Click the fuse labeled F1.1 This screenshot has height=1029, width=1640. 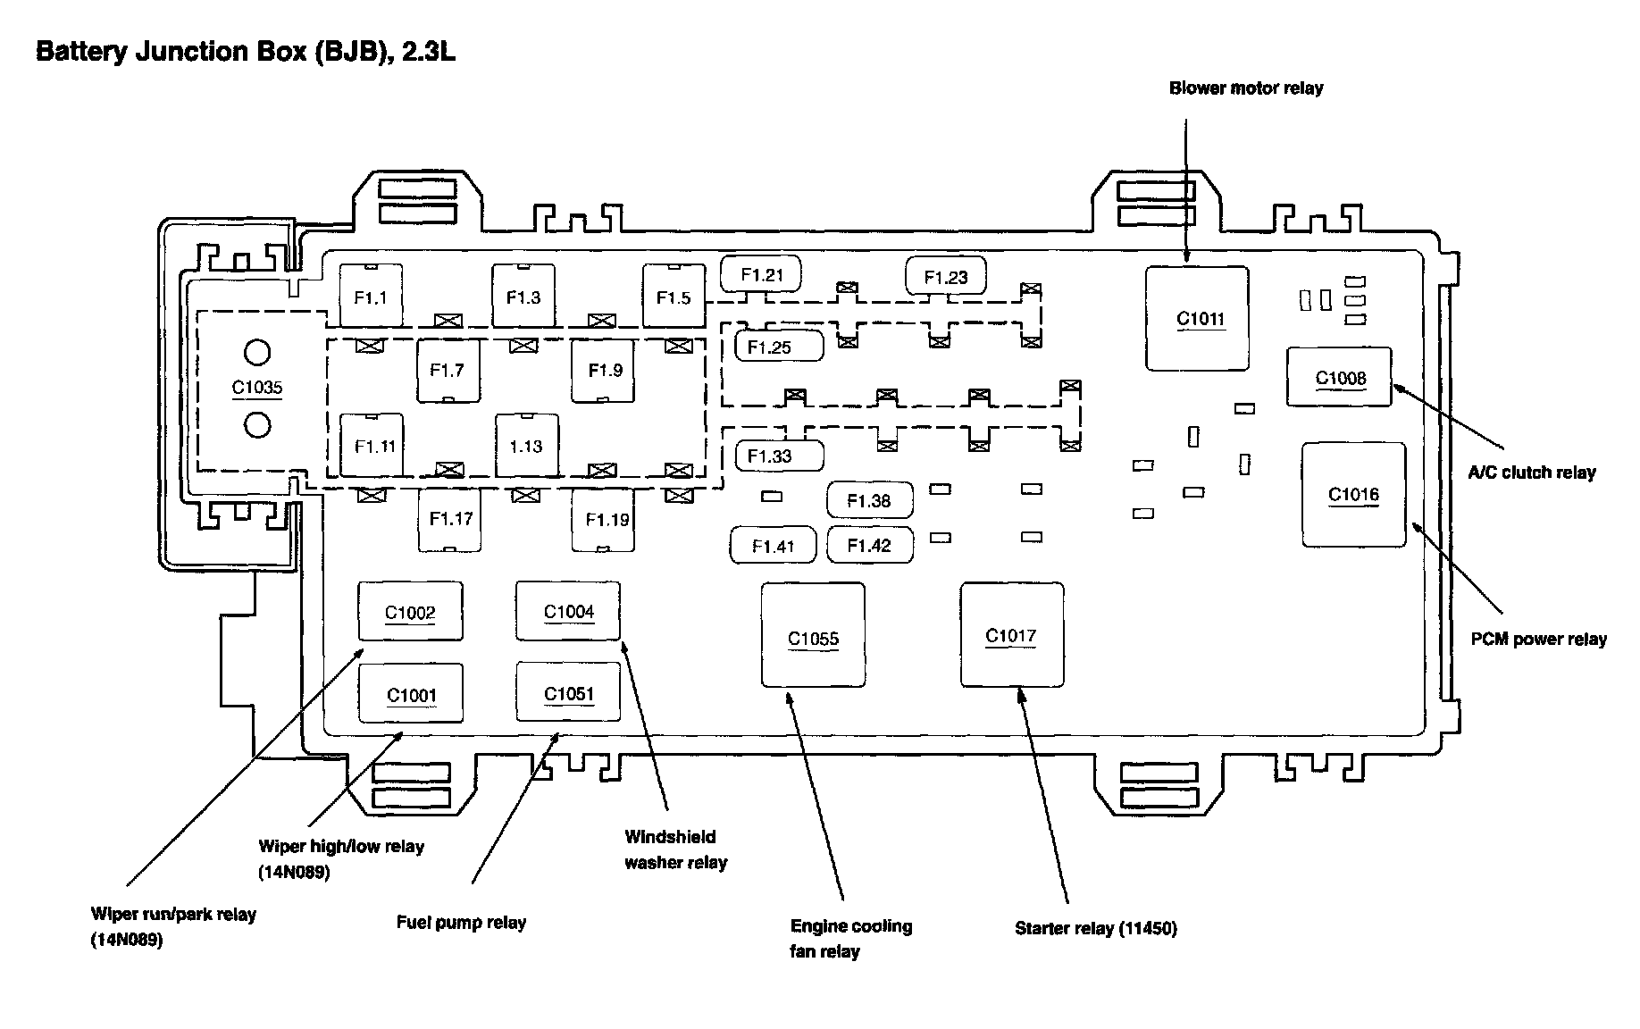pyautogui.click(x=371, y=297)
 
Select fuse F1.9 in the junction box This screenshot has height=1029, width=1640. pyautogui.click(x=604, y=370)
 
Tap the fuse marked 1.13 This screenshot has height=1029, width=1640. pyautogui.click(x=527, y=446)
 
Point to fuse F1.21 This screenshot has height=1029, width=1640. pyautogui.click(x=761, y=274)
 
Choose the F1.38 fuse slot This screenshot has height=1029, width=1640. pyautogui.click(x=870, y=501)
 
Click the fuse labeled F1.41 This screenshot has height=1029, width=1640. pyautogui.click(x=774, y=546)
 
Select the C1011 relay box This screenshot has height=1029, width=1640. pyautogui.click(x=1198, y=318)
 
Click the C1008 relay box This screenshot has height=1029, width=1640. pyautogui.click(x=1340, y=378)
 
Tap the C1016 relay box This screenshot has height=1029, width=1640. pyautogui.click(x=1353, y=494)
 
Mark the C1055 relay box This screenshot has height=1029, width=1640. pyautogui.click(x=813, y=636)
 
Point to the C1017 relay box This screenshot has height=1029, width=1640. pyautogui.click(x=1011, y=635)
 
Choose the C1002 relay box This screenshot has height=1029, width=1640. pyautogui.click(x=410, y=612)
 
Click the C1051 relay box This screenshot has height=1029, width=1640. pyautogui.click(x=568, y=693)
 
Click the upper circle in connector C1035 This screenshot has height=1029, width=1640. pyautogui.click(x=257, y=353)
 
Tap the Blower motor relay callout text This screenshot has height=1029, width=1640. pyautogui.click(x=1246, y=88)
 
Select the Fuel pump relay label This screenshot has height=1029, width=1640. pyautogui.click(x=461, y=923)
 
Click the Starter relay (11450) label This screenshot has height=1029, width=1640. pyautogui.click(x=1096, y=928)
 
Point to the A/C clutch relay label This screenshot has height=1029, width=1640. pyautogui.click(x=1532, y=473)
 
